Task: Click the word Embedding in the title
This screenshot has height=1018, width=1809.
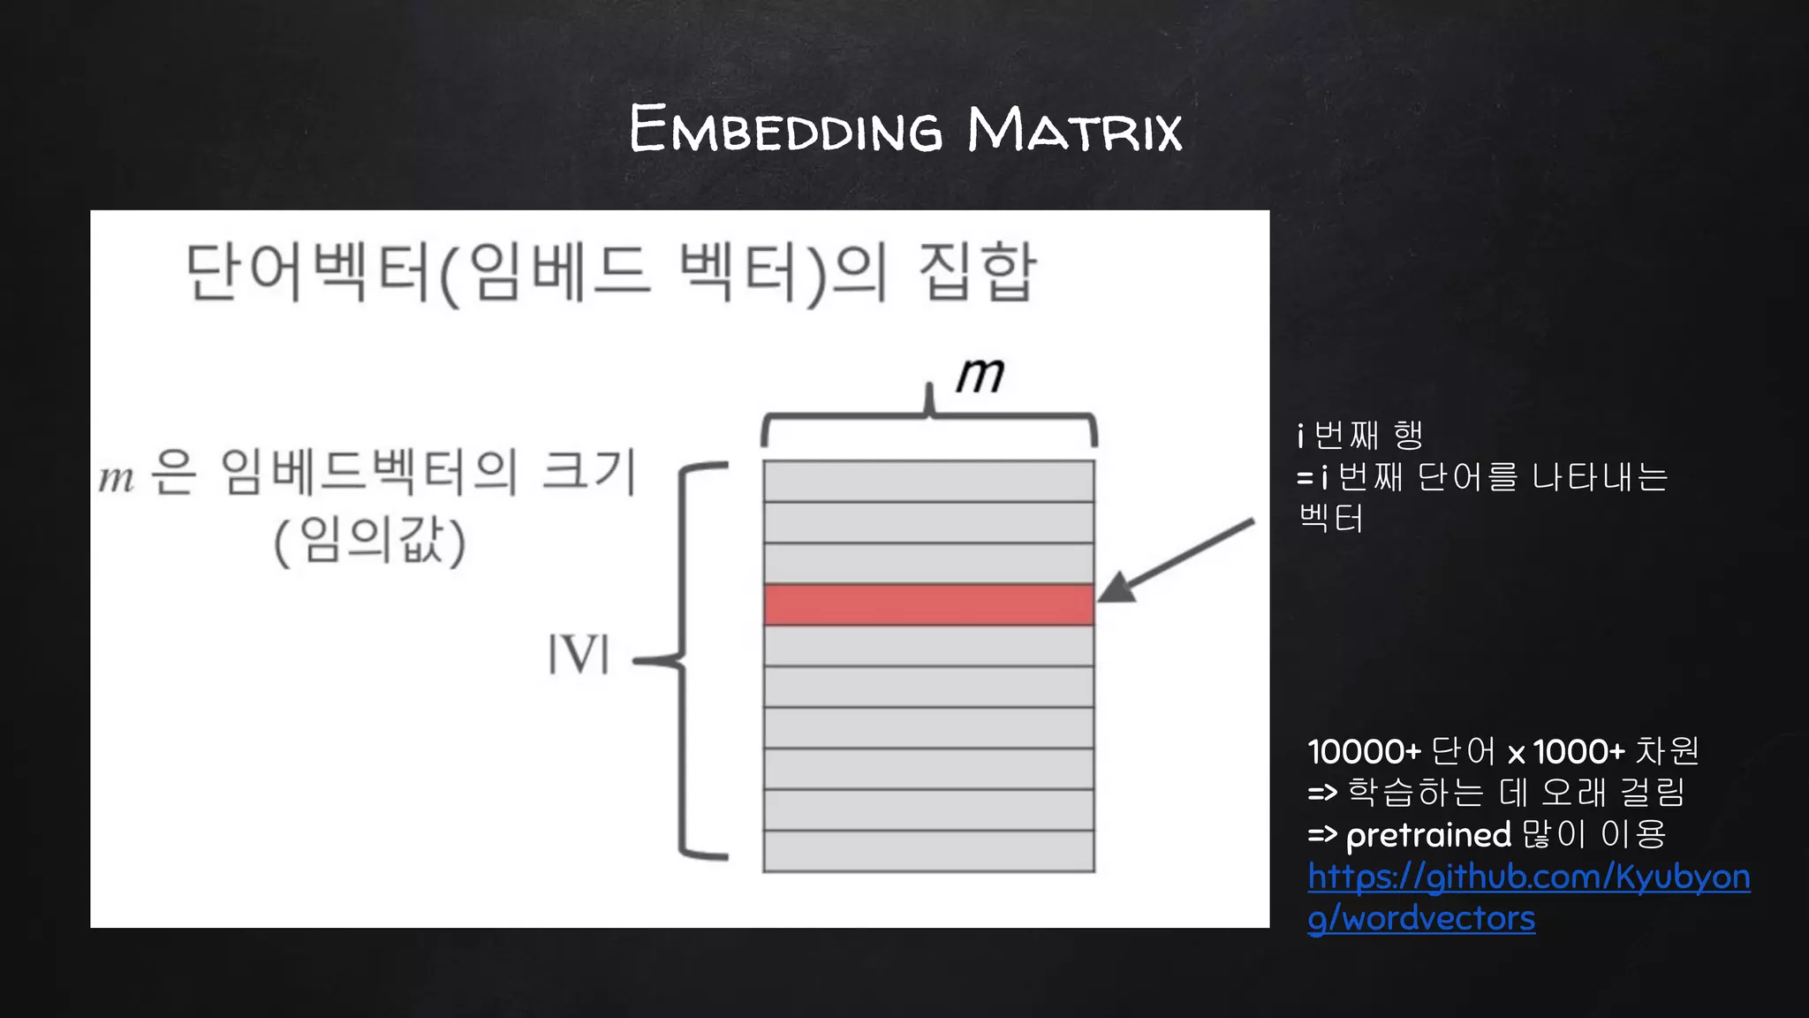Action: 785,129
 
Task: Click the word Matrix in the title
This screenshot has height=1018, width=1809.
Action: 1074,129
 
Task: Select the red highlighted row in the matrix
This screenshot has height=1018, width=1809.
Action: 928,604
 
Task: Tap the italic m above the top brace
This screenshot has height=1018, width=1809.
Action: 980,375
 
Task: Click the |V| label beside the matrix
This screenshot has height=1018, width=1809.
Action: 579,655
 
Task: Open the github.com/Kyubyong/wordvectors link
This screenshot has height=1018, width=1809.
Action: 1528,896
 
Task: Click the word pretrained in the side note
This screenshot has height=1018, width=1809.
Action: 1428,835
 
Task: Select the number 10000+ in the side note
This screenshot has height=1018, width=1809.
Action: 1364,752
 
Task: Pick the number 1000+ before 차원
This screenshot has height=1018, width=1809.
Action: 1578,752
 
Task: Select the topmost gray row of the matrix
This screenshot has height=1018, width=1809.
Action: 928,482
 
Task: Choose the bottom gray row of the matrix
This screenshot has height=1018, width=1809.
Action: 928,851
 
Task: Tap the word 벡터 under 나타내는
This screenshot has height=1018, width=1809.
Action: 1331,518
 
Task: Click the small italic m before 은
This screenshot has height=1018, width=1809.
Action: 116,478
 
